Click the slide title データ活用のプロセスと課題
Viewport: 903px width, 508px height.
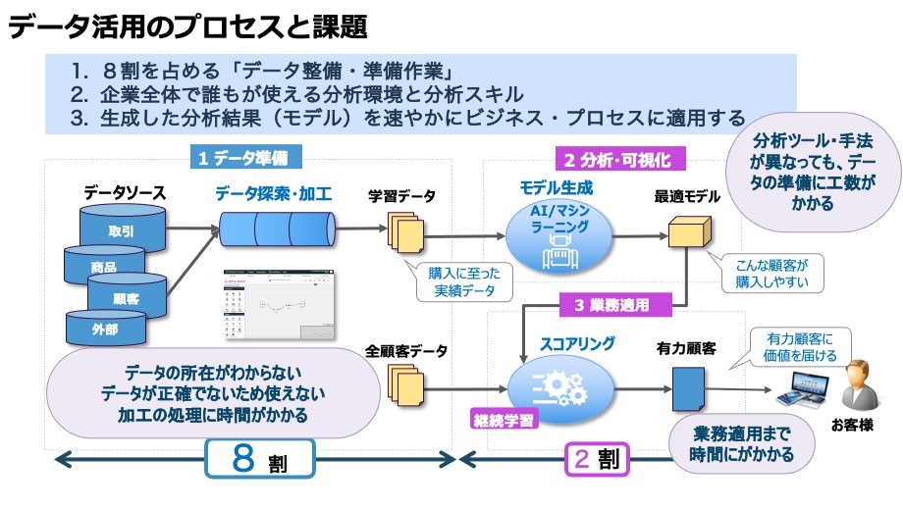(x=191, y=26)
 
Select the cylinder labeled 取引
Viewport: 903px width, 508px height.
(x=121, y=228)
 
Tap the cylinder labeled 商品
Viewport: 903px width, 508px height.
(x=103, y=266)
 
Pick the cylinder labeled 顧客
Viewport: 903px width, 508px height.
(x=126, y=297)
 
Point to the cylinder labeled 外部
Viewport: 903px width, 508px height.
(x=104, y=330)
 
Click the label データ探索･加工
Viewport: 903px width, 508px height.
(x=274, y=194)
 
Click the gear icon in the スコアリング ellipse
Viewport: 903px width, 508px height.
(x=558, y=383)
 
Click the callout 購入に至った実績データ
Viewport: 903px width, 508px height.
(x=462, y=281)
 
